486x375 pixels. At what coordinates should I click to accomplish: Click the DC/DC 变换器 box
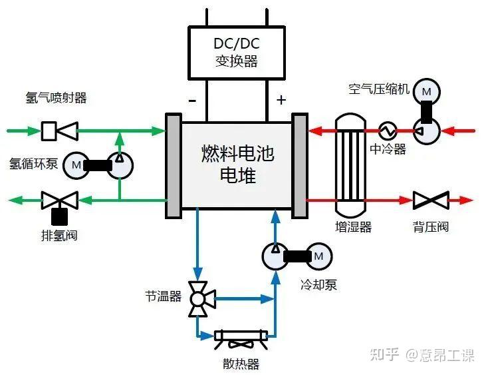[x=236, y=53]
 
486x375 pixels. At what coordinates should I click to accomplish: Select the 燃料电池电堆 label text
[x=237, y=165]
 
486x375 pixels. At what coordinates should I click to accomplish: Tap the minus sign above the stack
[x=192, y=101]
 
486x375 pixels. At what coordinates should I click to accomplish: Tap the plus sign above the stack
[x=281, y=101]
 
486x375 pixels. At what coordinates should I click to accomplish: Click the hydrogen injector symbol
[x=59, y=131]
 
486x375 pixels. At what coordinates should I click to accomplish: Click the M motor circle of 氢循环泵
[x=76, y=164]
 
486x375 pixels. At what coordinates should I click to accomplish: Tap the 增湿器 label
[x=353, y=227]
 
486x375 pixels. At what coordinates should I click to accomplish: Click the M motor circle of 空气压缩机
[x=426, y=91]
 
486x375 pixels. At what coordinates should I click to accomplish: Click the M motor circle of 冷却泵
[x=318, y=256]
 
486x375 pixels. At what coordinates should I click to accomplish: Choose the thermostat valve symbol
[x=197, y=298]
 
